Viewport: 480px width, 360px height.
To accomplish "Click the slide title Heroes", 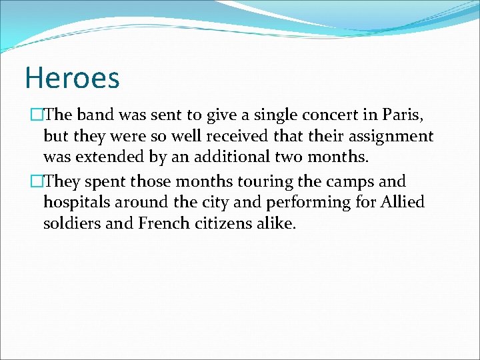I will tap(72, 77).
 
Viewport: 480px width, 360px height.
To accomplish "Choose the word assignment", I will tap(393, 137).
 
